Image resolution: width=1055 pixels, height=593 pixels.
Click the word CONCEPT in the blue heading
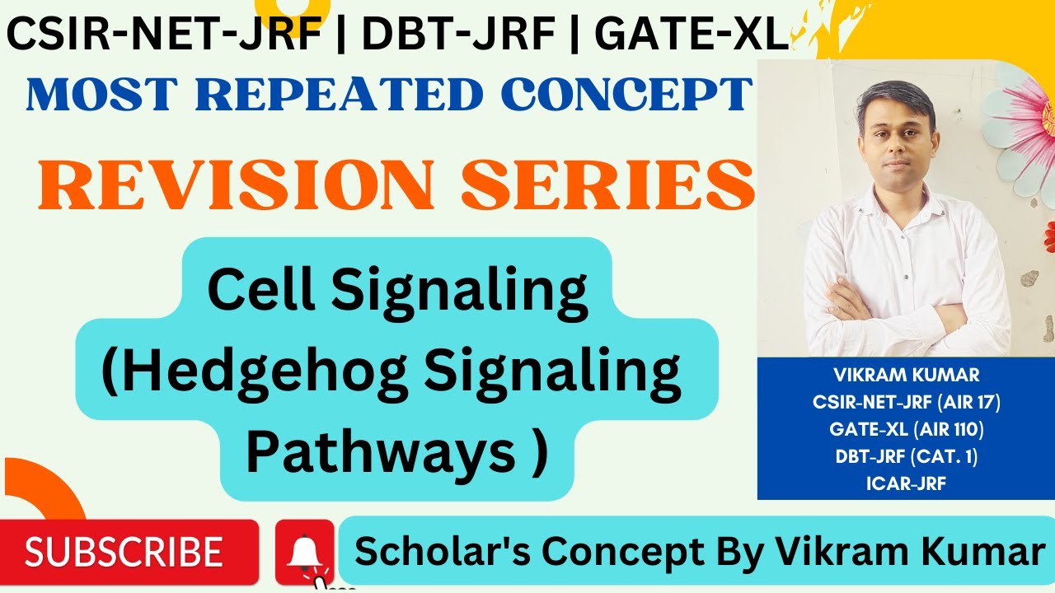click(x=627, y=95)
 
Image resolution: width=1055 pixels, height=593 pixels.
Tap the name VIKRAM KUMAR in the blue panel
click(x=906, y=376)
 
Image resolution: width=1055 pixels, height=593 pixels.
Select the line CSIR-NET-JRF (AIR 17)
click(x=906, y=403)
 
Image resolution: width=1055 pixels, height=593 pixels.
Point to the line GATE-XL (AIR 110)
click(x=906, y=429)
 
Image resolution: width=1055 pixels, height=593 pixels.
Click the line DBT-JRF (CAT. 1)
click(x=906, y=456)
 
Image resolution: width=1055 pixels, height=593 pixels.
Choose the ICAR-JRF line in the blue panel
click(x=906, y=483)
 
